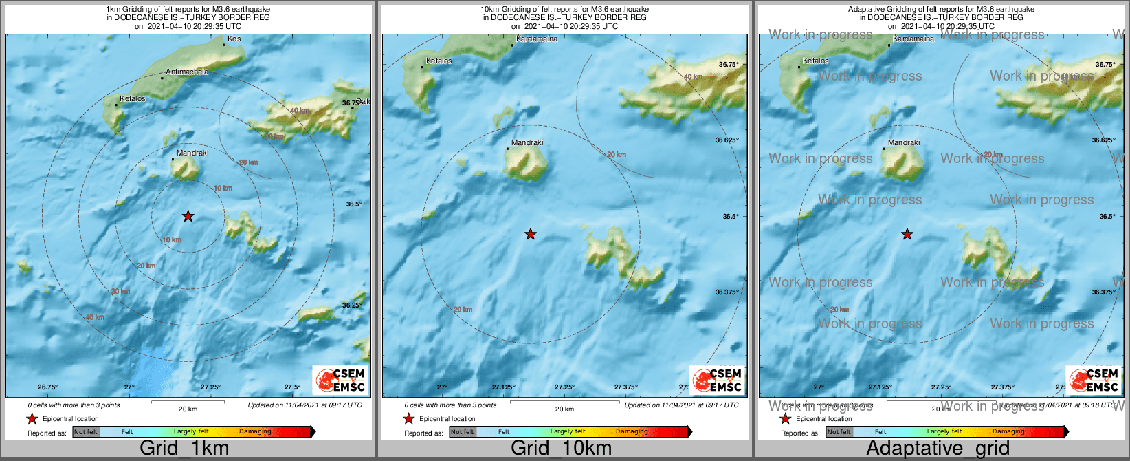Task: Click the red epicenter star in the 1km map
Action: click(188, 216)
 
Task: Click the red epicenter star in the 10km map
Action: click(530, 235)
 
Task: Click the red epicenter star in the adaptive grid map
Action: click(907, 235)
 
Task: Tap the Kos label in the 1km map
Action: click(234, 39)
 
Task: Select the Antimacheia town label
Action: click(186, 72)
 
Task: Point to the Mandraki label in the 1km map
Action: click(192, 153)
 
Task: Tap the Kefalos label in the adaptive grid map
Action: click(816, 61)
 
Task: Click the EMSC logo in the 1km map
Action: click(341, 380)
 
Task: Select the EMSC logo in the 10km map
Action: click(718, 380)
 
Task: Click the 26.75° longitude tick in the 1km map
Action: click(47, 387)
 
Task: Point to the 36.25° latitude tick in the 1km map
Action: click(352, 305)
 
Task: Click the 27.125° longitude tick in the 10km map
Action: click(505, 387)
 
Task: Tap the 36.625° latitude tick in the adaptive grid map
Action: click(1103, 140)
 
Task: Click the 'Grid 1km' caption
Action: click(184, 449)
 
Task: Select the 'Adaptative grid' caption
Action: click(938, 449)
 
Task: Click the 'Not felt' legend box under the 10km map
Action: click(463, 432)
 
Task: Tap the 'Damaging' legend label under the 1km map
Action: click(255, 432)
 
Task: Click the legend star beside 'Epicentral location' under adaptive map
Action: click(785, 419)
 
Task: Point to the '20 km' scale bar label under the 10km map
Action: click(564, 409)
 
